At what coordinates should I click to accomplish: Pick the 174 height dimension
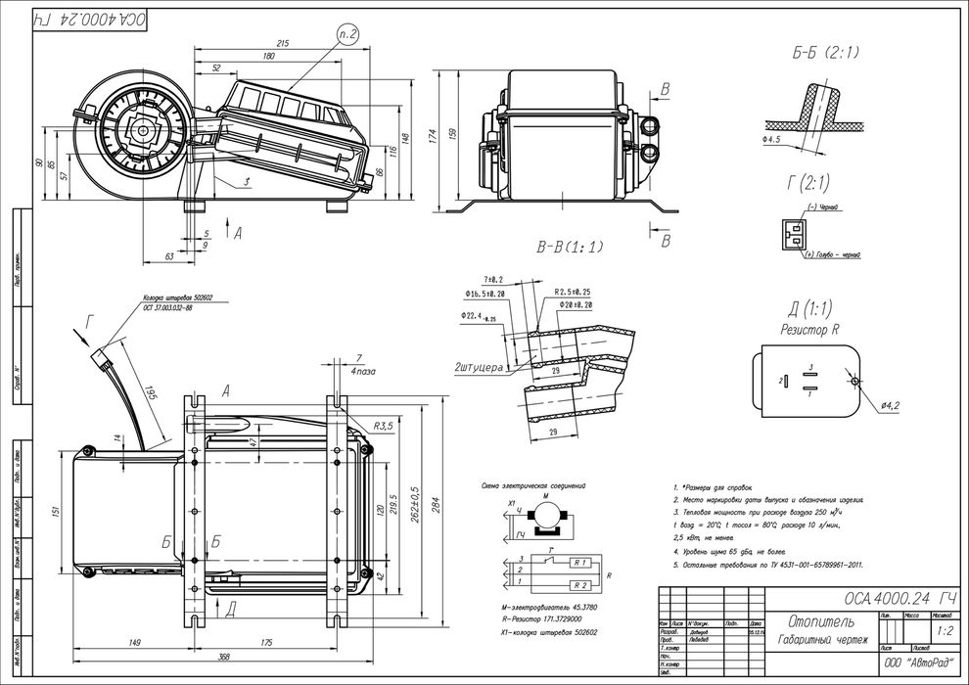click(432, 137)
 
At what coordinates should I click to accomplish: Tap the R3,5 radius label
click(384, 427)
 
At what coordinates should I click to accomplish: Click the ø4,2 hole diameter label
click(890, 404)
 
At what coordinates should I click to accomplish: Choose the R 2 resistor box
click(579, 585)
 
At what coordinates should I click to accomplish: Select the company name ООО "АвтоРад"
click(917, 663)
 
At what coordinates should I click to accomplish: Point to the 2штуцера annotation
click(479, 368)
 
